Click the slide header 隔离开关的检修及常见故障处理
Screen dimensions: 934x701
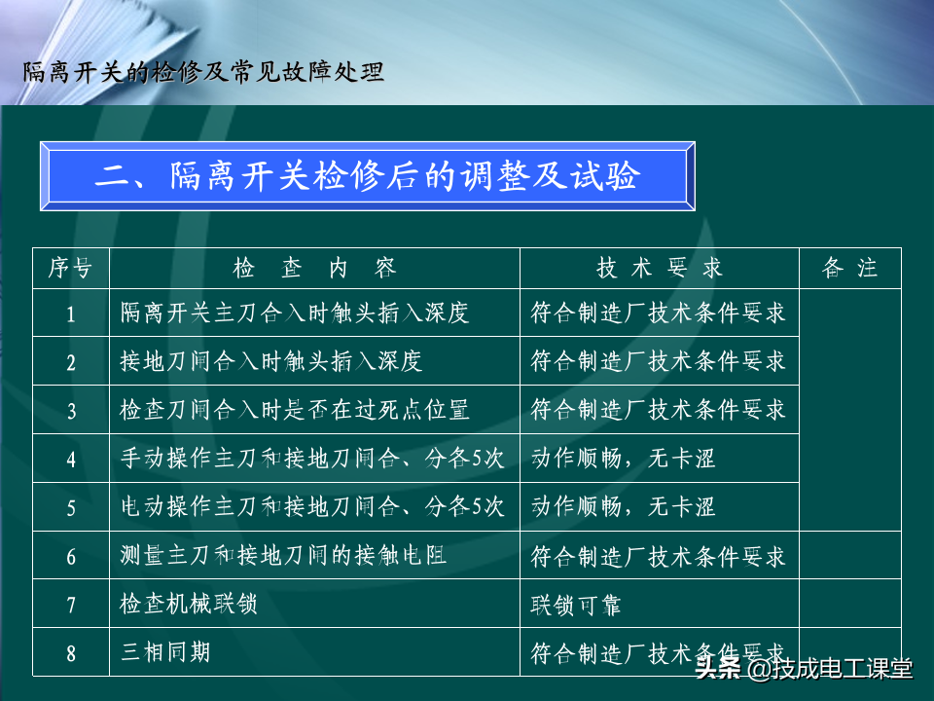click(203, 72)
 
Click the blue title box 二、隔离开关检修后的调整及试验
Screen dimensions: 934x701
click(368, 176)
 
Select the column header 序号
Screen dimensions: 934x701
click(70, 268)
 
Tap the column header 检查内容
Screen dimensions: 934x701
click(314, 268)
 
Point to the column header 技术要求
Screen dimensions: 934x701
click(659, 268)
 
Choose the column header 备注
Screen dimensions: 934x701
click(849, 268)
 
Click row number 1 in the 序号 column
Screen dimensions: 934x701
click(71, 314)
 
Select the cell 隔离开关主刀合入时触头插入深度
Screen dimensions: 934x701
click(294, 313)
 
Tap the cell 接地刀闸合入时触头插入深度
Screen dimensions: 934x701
click(271, 361)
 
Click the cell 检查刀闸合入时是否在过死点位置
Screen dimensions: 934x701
click(294, 410)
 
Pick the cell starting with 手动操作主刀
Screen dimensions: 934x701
click(312, 459)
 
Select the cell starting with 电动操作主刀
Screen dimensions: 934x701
click(312, 506)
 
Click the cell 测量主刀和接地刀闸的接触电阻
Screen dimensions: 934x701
click(283, 556)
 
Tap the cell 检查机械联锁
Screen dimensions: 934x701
click(189, 604)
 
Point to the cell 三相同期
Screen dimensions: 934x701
click(165, 652)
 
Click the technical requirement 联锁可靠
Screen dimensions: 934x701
click(576, 606)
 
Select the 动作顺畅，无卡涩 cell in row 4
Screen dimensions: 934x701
click(623, 459)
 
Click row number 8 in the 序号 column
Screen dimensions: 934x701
click(71, 654)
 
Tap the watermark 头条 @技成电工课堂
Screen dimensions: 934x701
click(804, 668)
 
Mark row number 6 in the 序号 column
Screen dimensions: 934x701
click(71, 557)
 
